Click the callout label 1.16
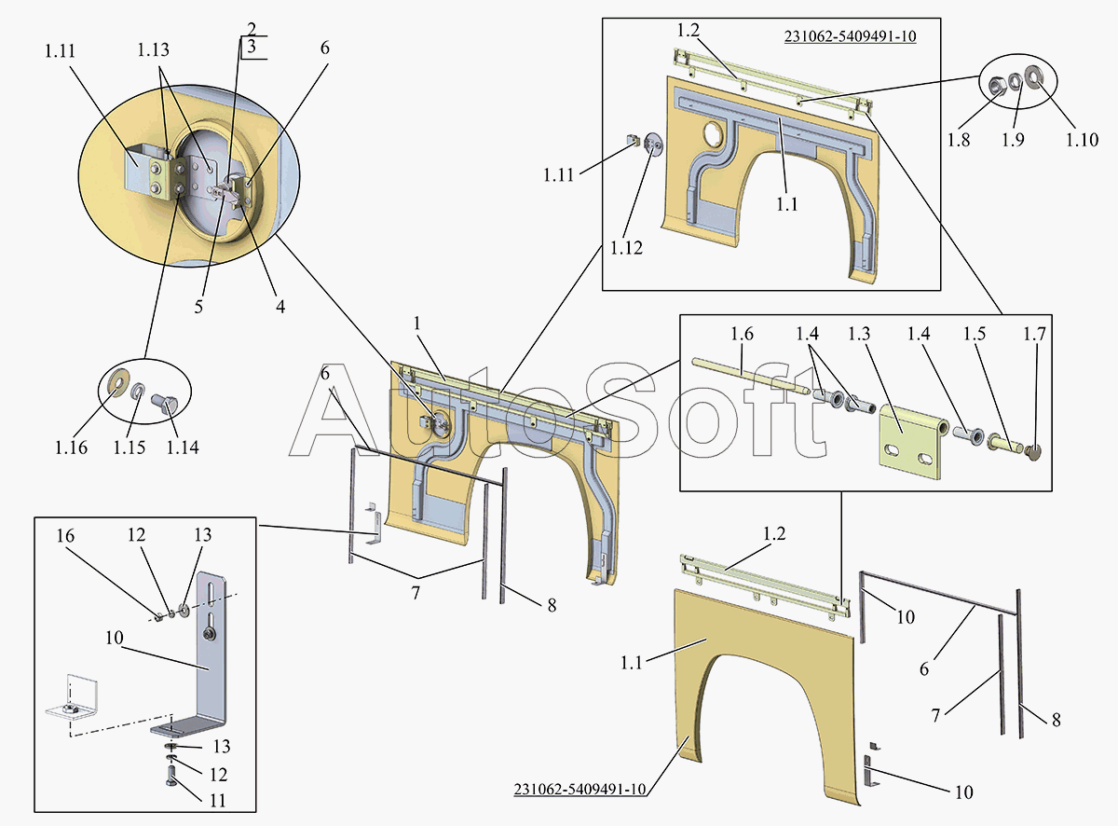click(71, 447)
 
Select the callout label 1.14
click(183, 447)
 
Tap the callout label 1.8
click(958, 140)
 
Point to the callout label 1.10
click(1082, 140)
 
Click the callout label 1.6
click(742, 334)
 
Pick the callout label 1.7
click(1034, 334)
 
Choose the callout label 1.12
click(626, 248)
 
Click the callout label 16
click(65, 536)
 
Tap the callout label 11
click(218, 800)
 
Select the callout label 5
click(198, 307)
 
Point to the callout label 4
click(280, 307)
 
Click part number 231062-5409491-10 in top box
click(851, 36)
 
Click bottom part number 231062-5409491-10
click(579, 789)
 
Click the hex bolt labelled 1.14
click(164, 405)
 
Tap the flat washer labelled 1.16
click(118, 382)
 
